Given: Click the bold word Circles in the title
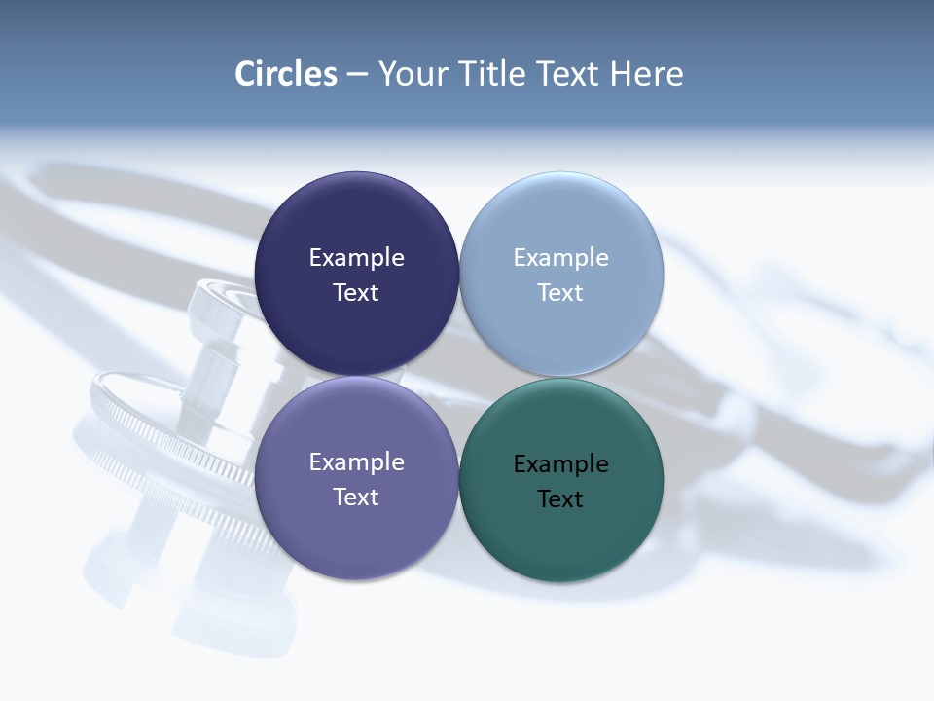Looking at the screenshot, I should pyautogui.click(x=286, y=74).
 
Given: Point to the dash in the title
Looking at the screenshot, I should pyautogui.click(x=357, y=75).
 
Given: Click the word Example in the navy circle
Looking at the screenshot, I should pyautogui.click(x=356, y=258).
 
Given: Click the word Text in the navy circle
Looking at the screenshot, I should pyautogui.click(x=356, y=293).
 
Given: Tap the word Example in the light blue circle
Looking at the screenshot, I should pyautogui.click(x=560, y=258).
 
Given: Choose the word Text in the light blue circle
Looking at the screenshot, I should pyautogui.click(x=560, y=293).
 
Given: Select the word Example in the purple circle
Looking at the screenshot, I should pyautogui.click(x=356, y=462).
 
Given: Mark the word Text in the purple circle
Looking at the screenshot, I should pyautogui.click(x=356, y=498).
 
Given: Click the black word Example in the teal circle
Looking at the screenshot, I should pyautogui.click(x=560, y=464).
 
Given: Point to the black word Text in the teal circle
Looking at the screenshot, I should pyautogui.click(x=560, y=499).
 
